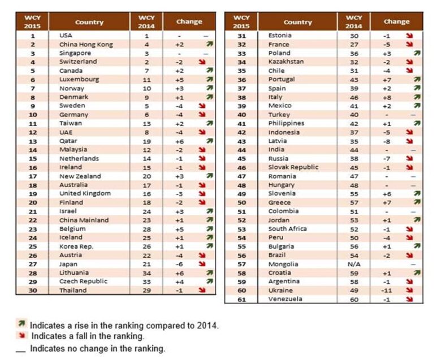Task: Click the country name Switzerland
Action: pyautogui.click(x=78, y=62)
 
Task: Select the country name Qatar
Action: pyautogui.click(x=68, y=141)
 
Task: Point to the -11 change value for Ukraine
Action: pyautogui.click(x=388, y=290)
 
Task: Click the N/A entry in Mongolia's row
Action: pyautogui.click(x=354, y=264)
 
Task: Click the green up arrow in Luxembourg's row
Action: pyautogui.click(x=210, y=79)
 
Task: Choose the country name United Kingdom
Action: pyautogui.click(x=85, y=193)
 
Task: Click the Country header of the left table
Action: pyautogui.click(x=89, y=22)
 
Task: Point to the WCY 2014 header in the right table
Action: pyautogui.click(x=354, y=21)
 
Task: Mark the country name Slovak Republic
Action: pyautogui.click(x=293, y=167)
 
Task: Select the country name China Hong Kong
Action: pyautogui.click(x=86, y=44)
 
